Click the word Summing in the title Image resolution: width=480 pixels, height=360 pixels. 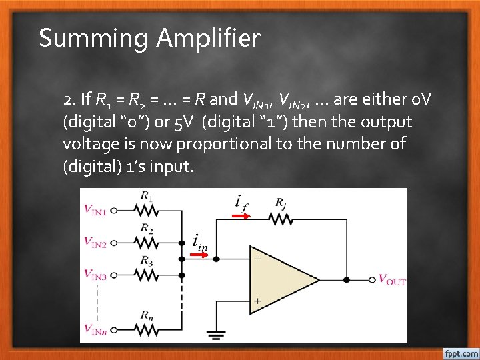[94, 39]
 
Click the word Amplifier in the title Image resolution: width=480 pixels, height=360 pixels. [208, 39]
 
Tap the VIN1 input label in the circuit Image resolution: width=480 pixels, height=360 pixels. [95, 210]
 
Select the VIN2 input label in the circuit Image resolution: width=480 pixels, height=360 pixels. [95, 241]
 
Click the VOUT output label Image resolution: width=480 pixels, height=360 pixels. [391, 279]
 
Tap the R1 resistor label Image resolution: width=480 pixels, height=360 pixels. [147, 196]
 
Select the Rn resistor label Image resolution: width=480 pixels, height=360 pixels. [147, 313]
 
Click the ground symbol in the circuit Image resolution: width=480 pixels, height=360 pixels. [215, 335]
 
